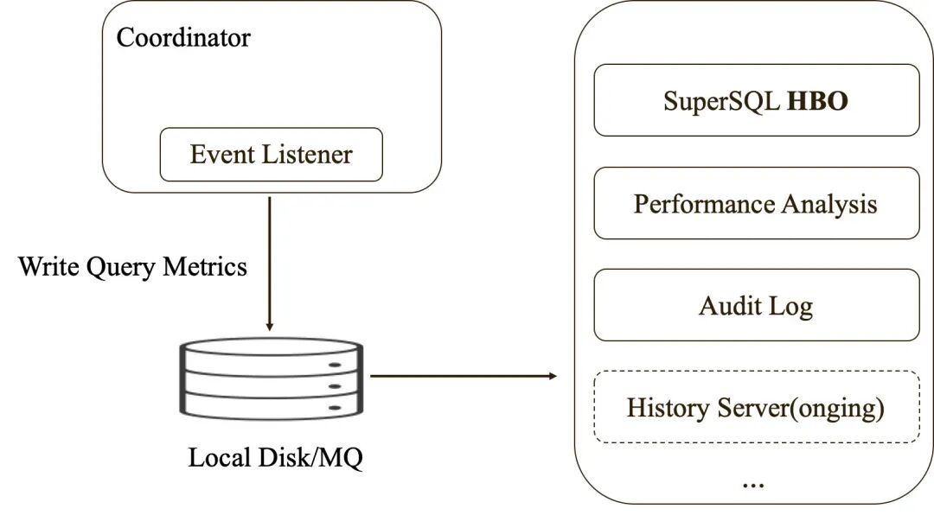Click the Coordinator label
click(x=183, y=37)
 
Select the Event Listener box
click(x=271, y=154)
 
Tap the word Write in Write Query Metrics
click(x=48, y=266)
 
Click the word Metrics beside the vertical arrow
click(x=205, y=266)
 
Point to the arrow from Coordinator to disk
click(x=269, y=264)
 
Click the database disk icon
click(x=272, y=378)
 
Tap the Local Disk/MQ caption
click(x=275, y=458)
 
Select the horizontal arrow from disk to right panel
click(x=464, y=376)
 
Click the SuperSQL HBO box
click(x=757, y=100)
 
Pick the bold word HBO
click(x=817, y=100)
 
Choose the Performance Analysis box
click(x=757, y=203)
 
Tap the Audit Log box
click(x=757, y=305)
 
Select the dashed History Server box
click(x=757, y=407)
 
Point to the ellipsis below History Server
click(x=753, y=485)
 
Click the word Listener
click(x=307, y=154)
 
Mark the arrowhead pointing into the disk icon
click(x=269, y=327)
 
